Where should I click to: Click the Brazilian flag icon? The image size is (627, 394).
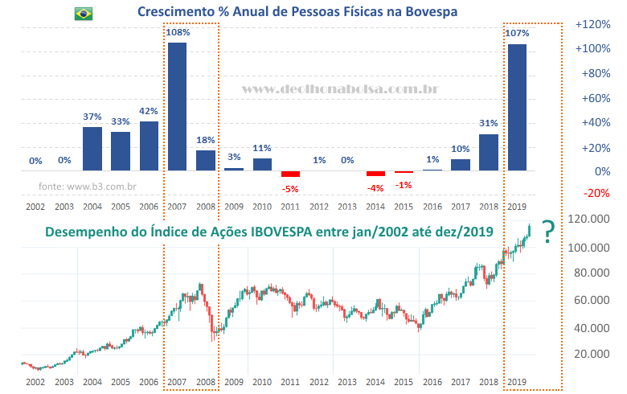(83, 14)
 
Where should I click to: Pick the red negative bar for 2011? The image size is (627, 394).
(290, 174)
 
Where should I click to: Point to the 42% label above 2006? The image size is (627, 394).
(148, 112)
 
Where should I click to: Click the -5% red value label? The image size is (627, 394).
(290, 189)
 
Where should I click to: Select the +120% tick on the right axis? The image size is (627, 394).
(593, 24)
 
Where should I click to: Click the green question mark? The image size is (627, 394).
(547, 232)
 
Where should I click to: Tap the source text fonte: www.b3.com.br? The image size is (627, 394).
(87, 187)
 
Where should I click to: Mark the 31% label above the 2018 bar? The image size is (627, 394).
(488, 124)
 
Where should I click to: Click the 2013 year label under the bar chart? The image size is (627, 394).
(346, 207)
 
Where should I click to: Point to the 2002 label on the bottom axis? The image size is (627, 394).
(35, 382)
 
